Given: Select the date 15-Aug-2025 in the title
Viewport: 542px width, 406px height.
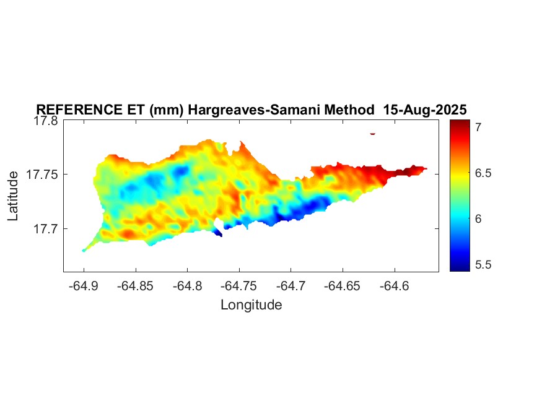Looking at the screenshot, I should point(424,110).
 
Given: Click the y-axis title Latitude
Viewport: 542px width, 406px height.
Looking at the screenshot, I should point(13,197).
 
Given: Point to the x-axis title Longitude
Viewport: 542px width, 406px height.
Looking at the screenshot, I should point(251,304).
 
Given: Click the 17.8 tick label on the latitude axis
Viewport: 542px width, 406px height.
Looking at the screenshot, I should point(46,121).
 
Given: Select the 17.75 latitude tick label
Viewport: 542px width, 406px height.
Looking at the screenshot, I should point(42,175).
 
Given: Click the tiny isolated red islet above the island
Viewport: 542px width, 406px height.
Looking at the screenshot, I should point(373,133).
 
